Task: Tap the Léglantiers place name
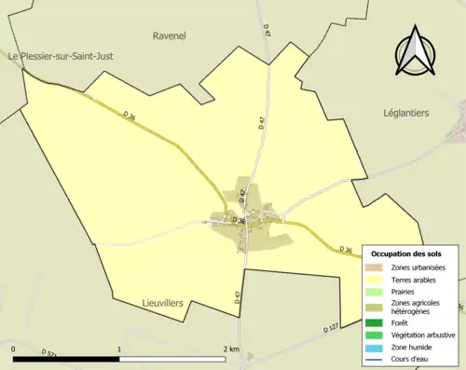(x=405, y=113)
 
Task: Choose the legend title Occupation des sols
(x=406, y=254)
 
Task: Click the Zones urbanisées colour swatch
(x=374, y=267)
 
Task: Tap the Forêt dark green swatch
(x=374, y=322)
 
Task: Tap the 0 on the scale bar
(x=14, y=349)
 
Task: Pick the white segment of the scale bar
(x=172, y=358)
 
